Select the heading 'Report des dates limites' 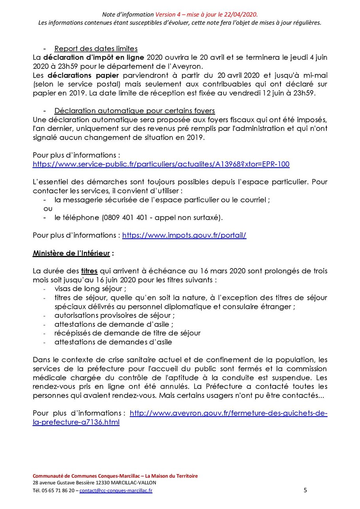pyautogui.click(x=96, y=49)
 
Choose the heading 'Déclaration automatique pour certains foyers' pyautogui.click(x=135, y=110)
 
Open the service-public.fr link pyautogui.click(x=161, y=164)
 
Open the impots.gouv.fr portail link pyautogui.click(x=184, y=235)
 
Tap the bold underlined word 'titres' pyautogui.click(x=89, y=271)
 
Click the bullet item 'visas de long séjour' pyautogui.click(x=91, y=289)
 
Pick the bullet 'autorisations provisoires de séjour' pyautogui.click(x=115, y=315)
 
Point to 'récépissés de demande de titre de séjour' pyautogui.click(x=127, y=333)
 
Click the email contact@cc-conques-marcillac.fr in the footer pyautogui.click(x=116, y=491)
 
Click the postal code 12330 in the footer pyautogui.click(x=100, y=483)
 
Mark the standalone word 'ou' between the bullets pyautogui.click(x=47, y=208)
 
